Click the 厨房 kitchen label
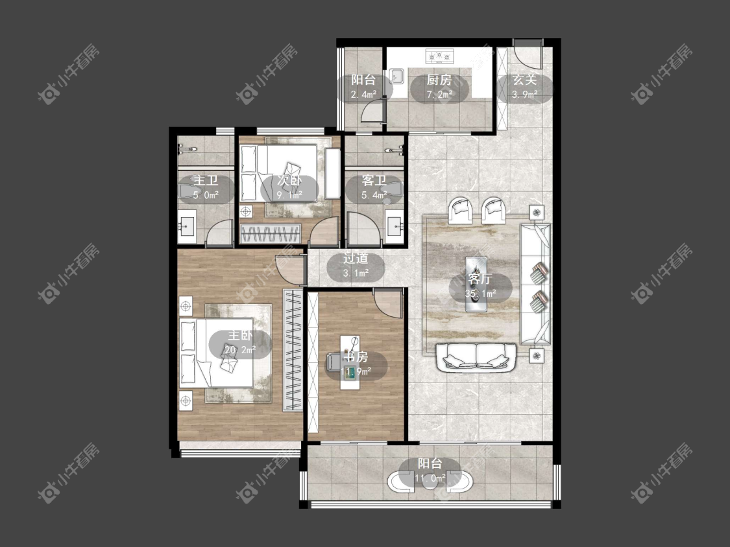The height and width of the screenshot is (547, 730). pyautogui.click(x=439, y=80)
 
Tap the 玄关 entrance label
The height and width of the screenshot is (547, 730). pyautogui.click(x=525, y=80)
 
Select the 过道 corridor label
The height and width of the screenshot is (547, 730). pyautogui.click(x=356, y=258)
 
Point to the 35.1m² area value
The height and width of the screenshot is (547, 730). pyautogui.click(x=480, y=294)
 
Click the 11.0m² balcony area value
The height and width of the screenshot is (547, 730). pyautogui.click(x=430, y=478)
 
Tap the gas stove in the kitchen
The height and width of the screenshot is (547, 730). pyautogui.click(x=439, y=56)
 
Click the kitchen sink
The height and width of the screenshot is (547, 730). pyautogui.click(x=397, y=76)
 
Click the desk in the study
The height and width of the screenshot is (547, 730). pyautogui.click(x=350, y=362)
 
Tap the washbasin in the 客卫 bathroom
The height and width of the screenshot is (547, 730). pyautogui.click(x=395, y=227)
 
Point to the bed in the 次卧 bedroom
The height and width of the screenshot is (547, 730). pyautogui.click(x=278, y=173)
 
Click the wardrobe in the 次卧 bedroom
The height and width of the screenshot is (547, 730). pyautogui.click(x=270, y=233)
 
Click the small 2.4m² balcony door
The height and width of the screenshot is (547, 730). pyautogui.click(x=374, y=111)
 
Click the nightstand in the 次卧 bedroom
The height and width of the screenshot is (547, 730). pyautogui.click(x=246, y=212)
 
